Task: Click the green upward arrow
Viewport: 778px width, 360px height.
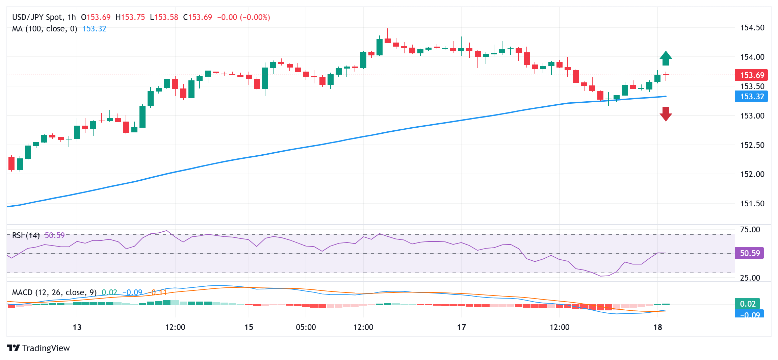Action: [x=666, y=58]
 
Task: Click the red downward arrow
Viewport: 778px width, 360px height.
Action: [x=666, y=114]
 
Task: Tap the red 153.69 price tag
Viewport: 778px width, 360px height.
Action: [x=751, y=75]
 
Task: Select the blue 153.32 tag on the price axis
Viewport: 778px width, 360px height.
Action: [x=751, y=97]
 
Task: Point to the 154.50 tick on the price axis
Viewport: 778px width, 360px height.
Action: [x=752, y=28]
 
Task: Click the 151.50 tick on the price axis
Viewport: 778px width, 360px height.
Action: [x=752, y=204]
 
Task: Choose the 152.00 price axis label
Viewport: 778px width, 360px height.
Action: [x=752, y=174]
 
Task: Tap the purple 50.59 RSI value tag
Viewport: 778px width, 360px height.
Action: [x=749, y=253]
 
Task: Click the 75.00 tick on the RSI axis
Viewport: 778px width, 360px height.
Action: [x=750, y=230]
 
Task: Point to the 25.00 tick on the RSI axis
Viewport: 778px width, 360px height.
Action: [x=750, y=278]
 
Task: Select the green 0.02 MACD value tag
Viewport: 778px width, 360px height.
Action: [x=747, y=304]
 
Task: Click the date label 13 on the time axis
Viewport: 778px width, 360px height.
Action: [x=77, y=327]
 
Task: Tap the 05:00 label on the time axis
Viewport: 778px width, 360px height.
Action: [x=306, y=327]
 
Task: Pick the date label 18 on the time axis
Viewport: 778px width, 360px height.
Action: [x=658, y=327]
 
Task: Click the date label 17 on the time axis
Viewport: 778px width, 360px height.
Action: [x=461, y=327]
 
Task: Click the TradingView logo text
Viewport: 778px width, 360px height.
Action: [x=46, y=348]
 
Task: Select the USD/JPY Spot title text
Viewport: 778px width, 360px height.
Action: [x=37, y=17]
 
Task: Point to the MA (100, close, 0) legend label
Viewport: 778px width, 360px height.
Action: [x=45, y=29]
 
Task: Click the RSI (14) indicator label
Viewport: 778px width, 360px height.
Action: [x=26, y=235]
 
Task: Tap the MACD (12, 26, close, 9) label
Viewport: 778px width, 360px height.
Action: [x=54, y=292]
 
